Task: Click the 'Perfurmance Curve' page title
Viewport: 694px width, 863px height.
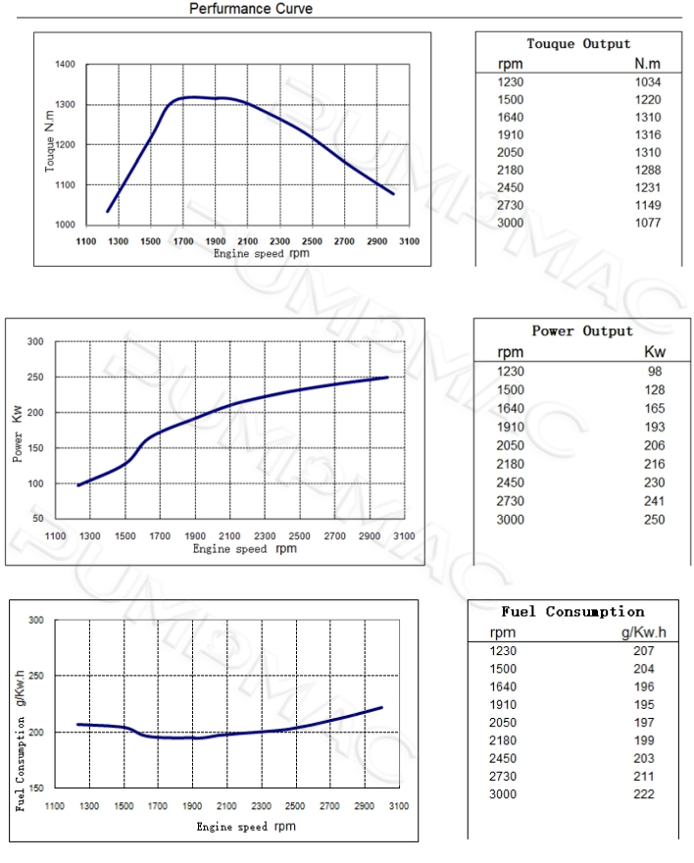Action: [x=252, y=8]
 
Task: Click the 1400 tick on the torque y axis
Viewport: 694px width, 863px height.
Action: [x=65, y=65]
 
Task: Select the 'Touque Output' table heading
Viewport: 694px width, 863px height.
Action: [x=578, y=44]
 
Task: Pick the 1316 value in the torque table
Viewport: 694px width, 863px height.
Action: [x=647, y=134]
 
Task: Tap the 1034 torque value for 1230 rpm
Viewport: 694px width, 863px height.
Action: [x=647, y=82]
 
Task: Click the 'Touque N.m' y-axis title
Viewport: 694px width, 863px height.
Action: [x=50, y=144]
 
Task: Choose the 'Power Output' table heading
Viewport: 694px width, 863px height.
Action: [x=582, y=331]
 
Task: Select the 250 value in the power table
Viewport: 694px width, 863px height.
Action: [x=654, y=519]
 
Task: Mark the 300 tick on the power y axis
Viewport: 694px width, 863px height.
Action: [x=35, y=342]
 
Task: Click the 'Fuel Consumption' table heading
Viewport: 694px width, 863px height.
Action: [x=572, y=612]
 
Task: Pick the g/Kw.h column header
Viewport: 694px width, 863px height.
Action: [x=644, y=632]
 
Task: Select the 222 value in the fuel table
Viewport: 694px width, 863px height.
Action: [x=643, y=793]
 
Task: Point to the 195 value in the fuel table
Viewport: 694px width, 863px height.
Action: [x=643, y=704]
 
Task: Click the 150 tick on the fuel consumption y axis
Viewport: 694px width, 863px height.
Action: [x=36, y=788]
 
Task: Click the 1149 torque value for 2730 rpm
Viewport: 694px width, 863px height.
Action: [x=647, y=205]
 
